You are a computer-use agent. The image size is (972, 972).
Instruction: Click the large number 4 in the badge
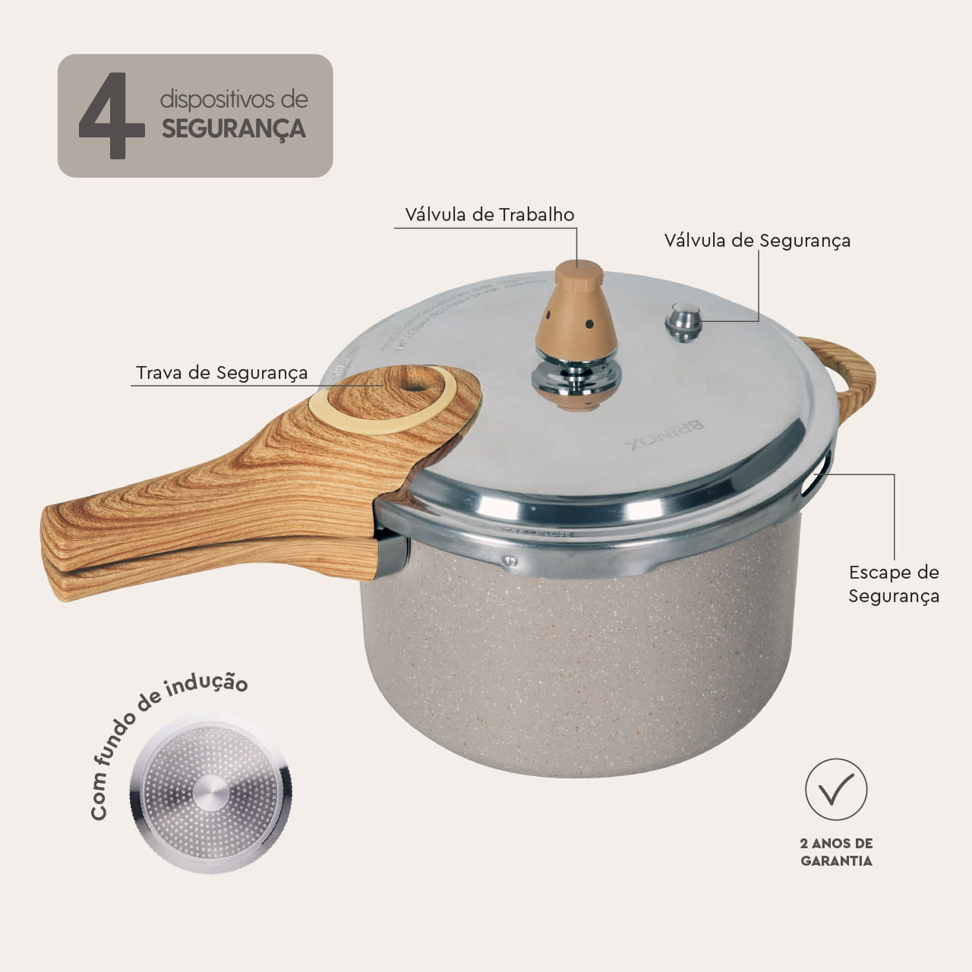112,117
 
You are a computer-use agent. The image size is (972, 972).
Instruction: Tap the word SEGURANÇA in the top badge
234,129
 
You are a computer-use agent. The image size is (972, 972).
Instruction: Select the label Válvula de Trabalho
489,215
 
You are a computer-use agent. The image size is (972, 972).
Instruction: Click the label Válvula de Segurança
757,241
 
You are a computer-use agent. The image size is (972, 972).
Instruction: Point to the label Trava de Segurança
222,373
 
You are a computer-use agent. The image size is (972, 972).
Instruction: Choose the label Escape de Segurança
894,584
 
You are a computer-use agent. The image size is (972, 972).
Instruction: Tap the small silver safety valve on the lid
683,321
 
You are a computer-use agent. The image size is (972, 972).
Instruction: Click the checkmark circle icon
836,790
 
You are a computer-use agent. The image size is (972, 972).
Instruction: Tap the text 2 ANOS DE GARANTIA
836,852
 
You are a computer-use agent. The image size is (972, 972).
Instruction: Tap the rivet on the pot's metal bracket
511,561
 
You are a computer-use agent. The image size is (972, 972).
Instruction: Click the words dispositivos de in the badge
234,99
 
